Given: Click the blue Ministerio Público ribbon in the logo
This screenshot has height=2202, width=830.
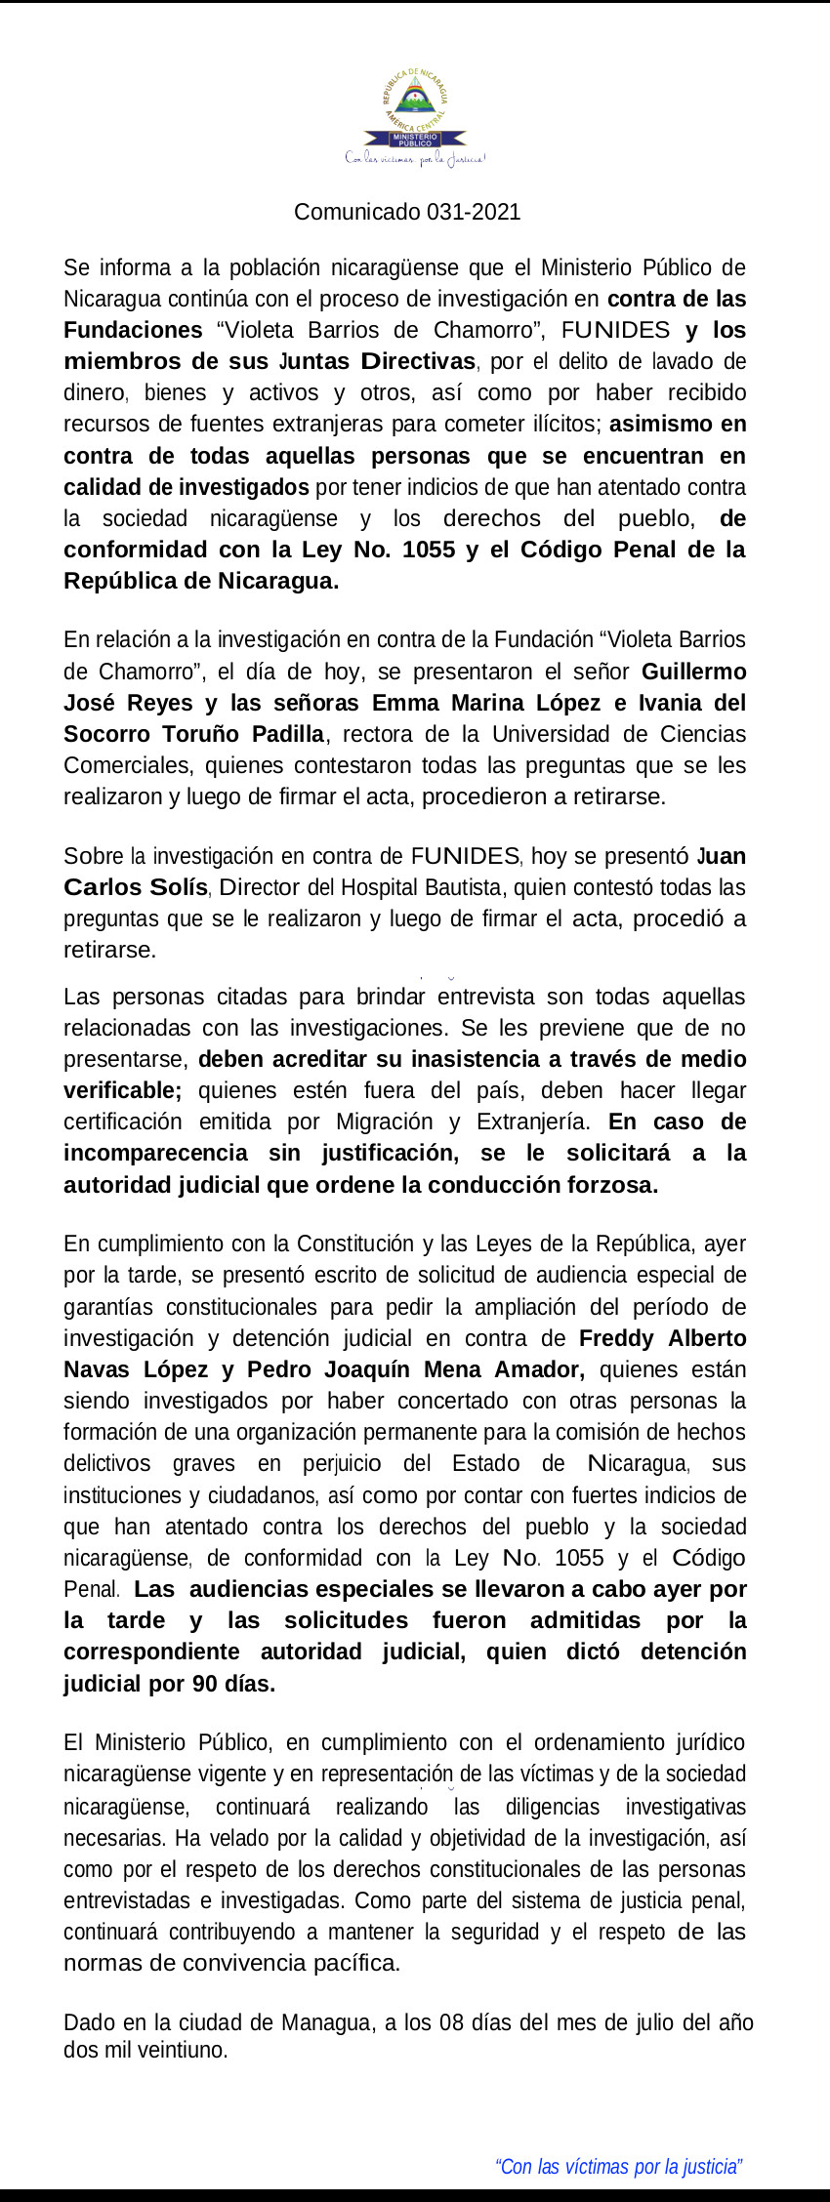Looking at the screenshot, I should [x=415, y=140].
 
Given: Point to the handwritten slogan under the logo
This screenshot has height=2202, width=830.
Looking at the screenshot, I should [x=415, y=158].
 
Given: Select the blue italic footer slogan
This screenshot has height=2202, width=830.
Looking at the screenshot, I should [x=619, y=2166].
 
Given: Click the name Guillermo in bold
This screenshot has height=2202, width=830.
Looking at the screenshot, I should [x=693, y=672].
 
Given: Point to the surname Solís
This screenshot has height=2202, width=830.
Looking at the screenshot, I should [x=176, y=887].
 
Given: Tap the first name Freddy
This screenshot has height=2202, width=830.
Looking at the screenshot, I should [x=616, y=1338].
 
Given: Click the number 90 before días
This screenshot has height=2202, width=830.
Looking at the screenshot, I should [x=204, y=1684].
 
